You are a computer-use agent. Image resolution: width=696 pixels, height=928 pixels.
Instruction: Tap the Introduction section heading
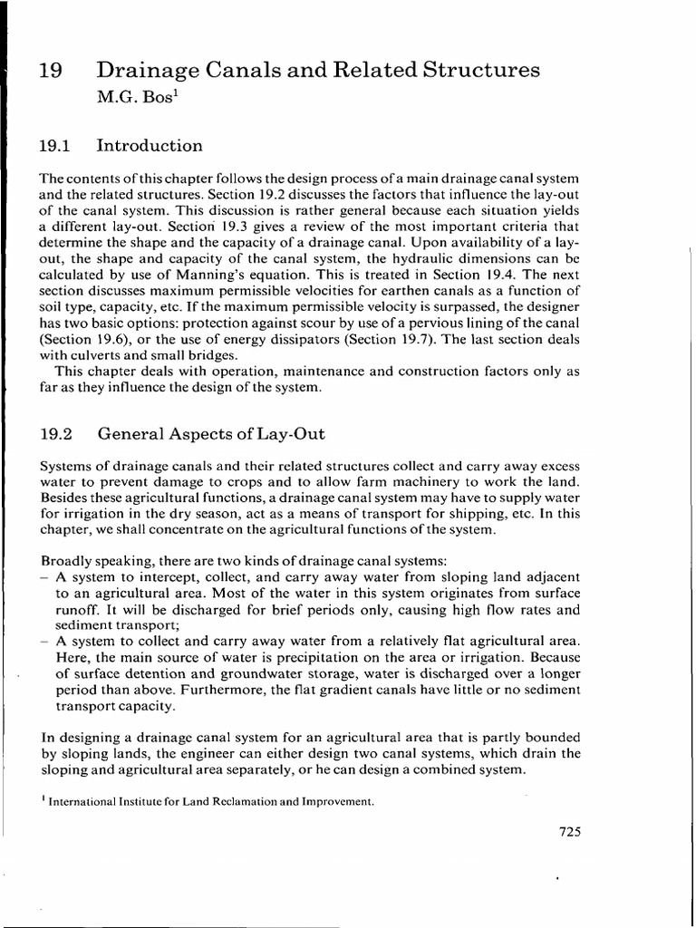[150, 146]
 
